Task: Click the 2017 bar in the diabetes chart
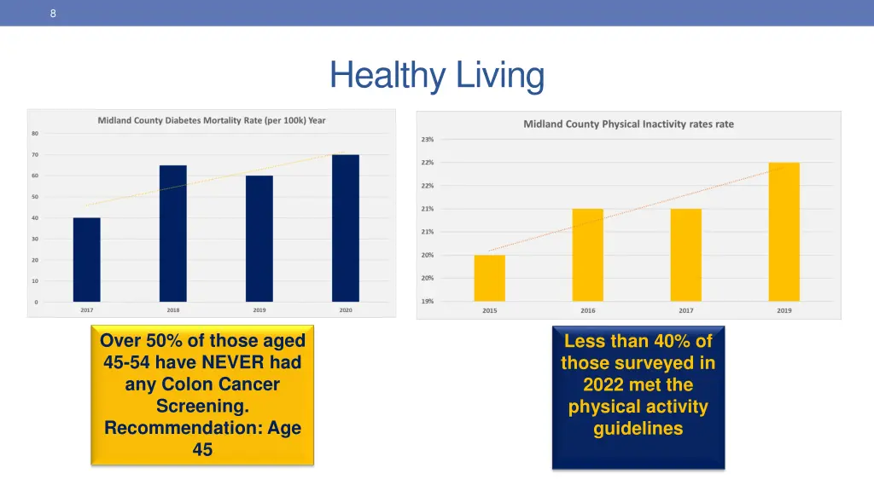pos(87,260)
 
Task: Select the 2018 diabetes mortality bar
pos(173,234)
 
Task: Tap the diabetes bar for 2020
pos(346,228)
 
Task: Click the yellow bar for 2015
pos(490,278)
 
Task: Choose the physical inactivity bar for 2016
pos(588,255)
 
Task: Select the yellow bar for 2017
pos(686,255)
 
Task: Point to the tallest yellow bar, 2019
pos(784,232)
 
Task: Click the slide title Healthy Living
pos(437,76)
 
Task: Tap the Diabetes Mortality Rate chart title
pos(212,120)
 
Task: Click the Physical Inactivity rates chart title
pos(628,124)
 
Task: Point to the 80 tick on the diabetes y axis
pos(35,133)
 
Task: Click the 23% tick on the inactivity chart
pos(428,139)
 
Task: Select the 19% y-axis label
pos(428,301)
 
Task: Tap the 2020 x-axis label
pos(346,310)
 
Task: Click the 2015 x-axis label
pos(490,310)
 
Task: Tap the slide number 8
pos(53,13)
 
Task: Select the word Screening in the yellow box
pos(202,407)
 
